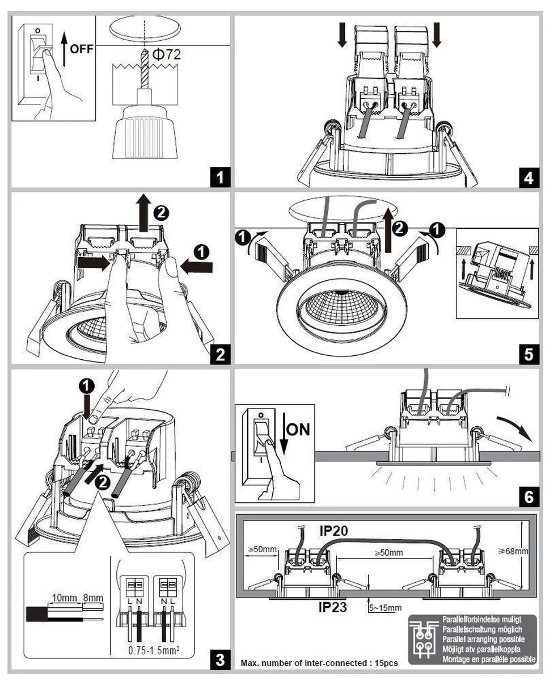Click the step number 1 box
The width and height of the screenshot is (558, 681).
(x=220, y=178)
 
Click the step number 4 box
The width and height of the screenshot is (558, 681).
(x=528, y=178)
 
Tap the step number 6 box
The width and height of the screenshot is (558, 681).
(x=528, y=497)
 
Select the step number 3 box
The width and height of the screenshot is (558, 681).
(x=220, y=659)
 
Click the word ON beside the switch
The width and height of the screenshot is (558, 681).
(x=298, y=429)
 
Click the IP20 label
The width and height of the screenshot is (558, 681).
(x=335, y=531)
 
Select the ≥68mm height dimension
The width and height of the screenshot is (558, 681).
(x=513, y=550)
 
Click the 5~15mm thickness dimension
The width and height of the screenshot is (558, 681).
(x=386, y=608)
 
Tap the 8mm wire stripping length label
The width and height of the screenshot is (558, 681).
(x=94, y=598)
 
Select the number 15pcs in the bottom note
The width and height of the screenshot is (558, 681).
(x=386, y=663)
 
